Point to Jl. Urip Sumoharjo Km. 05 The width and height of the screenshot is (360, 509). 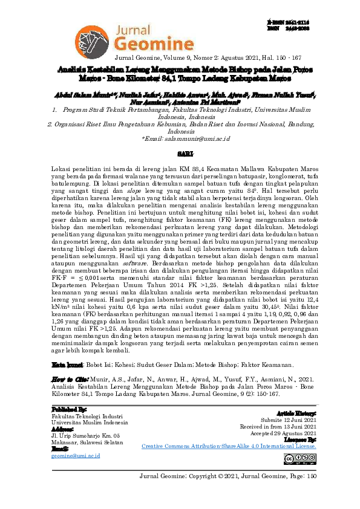pos(86,435)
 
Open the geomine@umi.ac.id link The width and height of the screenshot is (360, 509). pos(75,455)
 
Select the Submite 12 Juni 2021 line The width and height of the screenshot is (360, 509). pos(290,420)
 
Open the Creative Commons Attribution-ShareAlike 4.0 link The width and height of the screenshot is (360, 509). pos(232,446)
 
